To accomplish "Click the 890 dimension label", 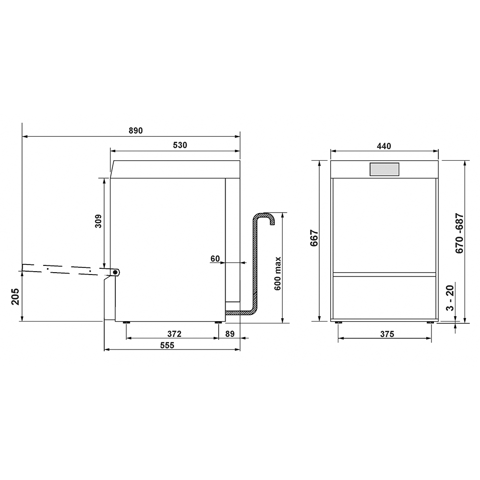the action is [x=136, y=131].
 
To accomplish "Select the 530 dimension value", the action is [x=180, y=145].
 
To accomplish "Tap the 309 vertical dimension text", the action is [x=98, y=221].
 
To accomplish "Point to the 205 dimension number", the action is [x=15, y=297].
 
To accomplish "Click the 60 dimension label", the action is [x=215, y=259].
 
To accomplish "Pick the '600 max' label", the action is [x=277, y=274].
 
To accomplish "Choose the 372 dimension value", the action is [x=175, y=334].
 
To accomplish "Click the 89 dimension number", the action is [x=230, y=334].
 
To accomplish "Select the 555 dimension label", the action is [x=167, y=345].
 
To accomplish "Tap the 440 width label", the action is [x=384, y=146].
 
